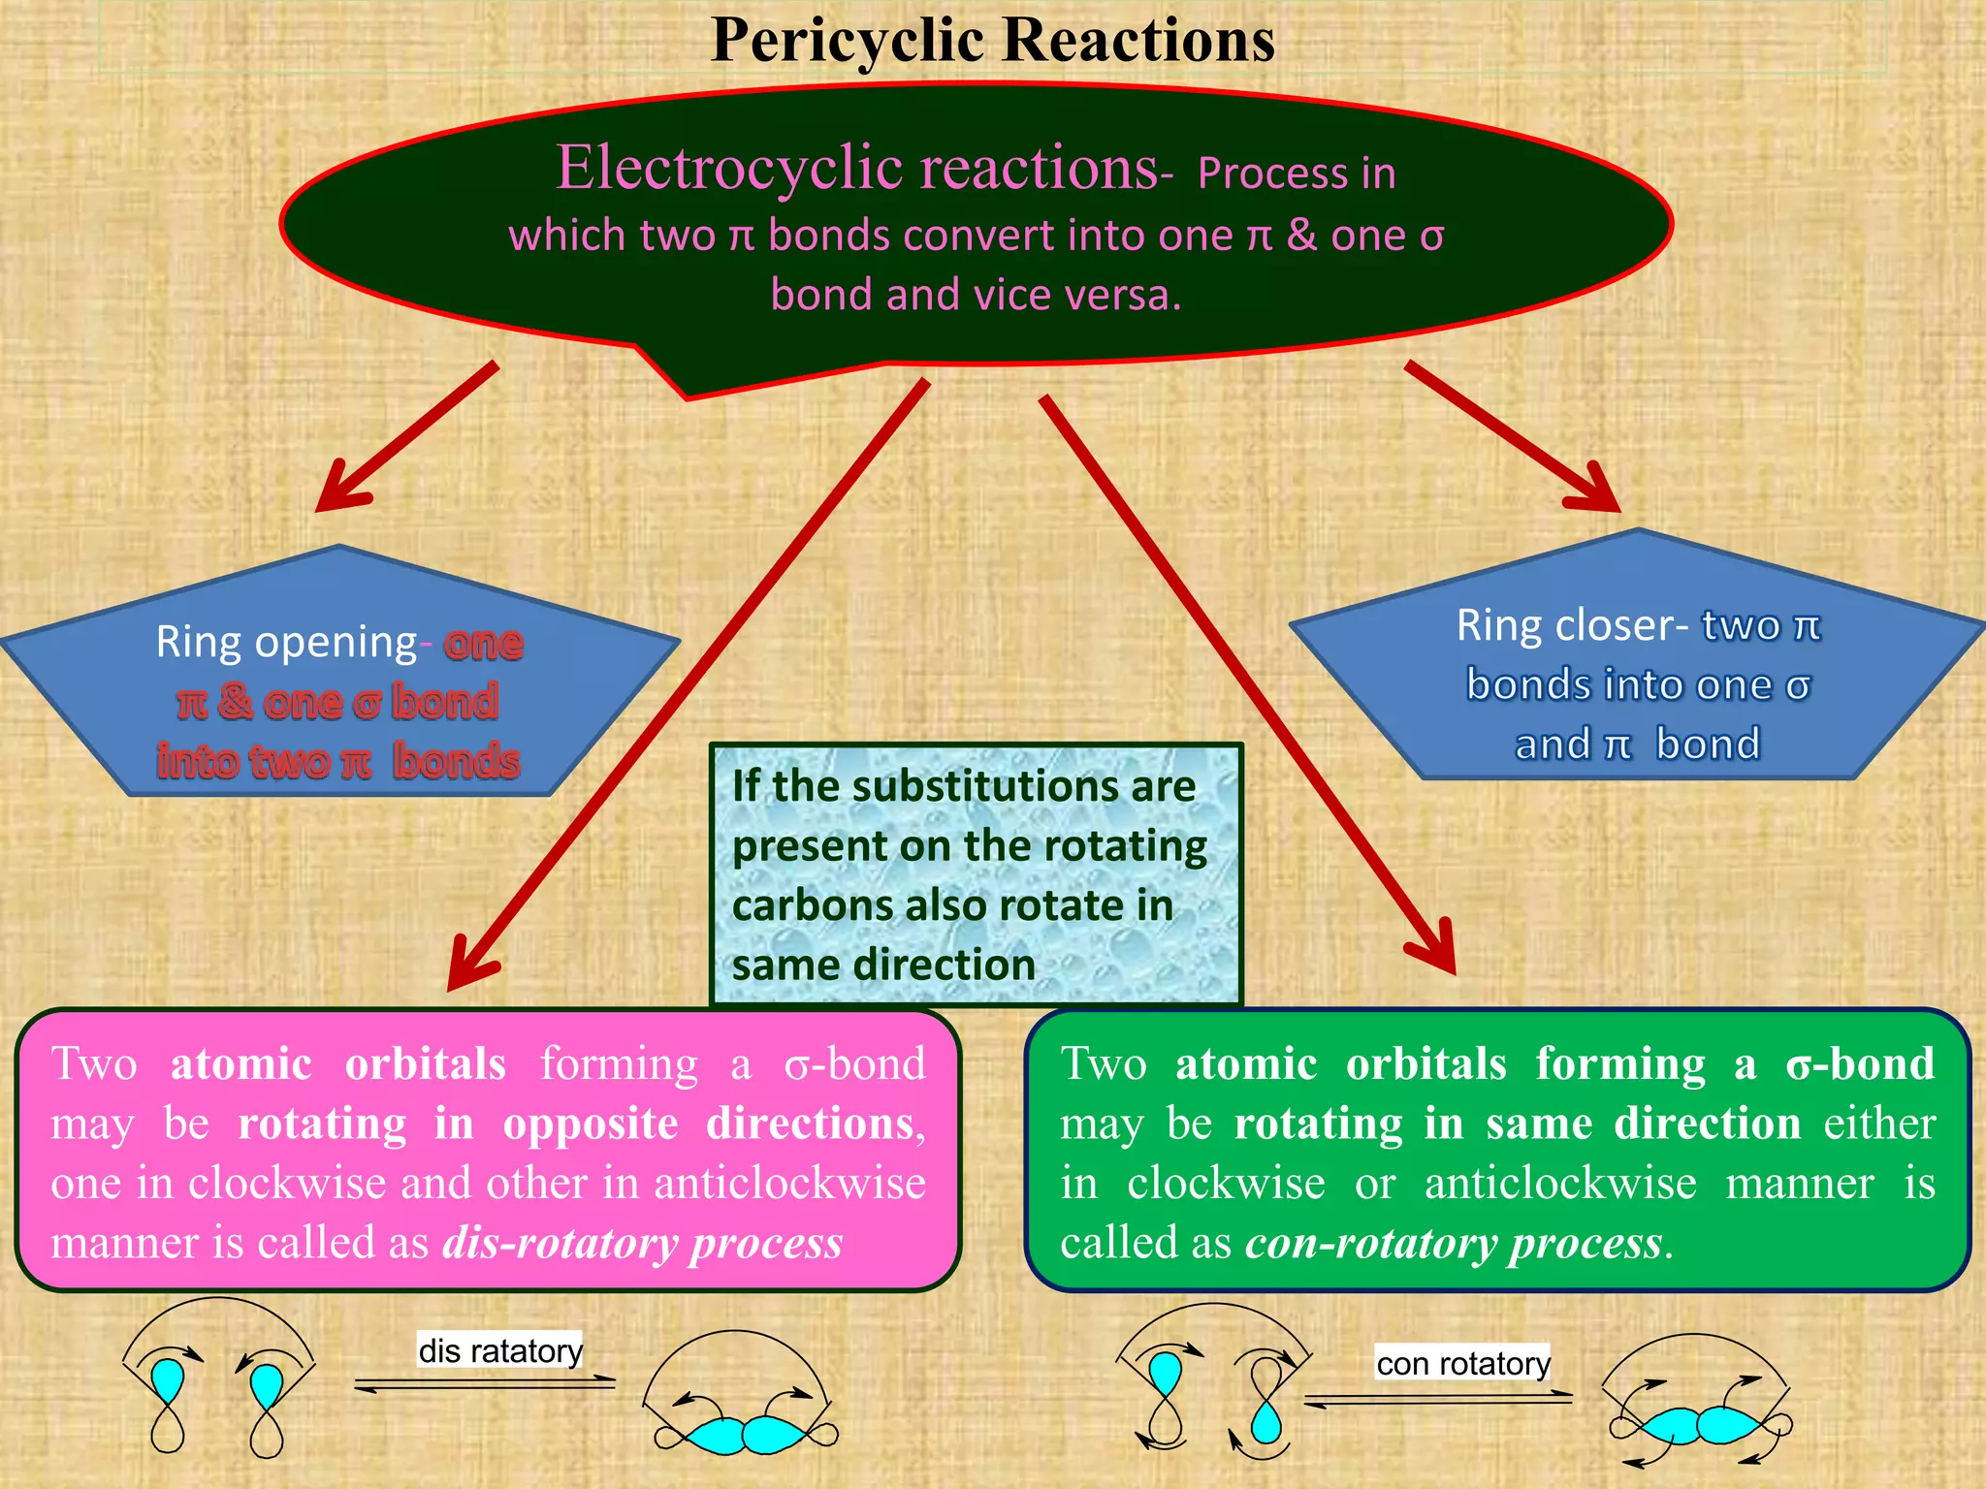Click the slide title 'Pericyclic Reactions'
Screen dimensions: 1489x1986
coord(992,41)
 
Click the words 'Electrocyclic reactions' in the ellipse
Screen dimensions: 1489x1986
coord(856,168)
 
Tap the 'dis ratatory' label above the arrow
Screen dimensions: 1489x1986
coord(500,1350)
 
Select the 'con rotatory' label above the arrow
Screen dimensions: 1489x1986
coord(1462,1363)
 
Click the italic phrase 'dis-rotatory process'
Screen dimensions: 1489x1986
coord(642,1243)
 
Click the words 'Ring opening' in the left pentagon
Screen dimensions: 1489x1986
coord(286,642)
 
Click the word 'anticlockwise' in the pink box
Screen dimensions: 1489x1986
coord(789,1184)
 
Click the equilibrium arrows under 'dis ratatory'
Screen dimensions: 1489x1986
coord(485,1384)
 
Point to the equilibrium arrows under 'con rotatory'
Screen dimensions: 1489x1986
coord(1438,1399)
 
